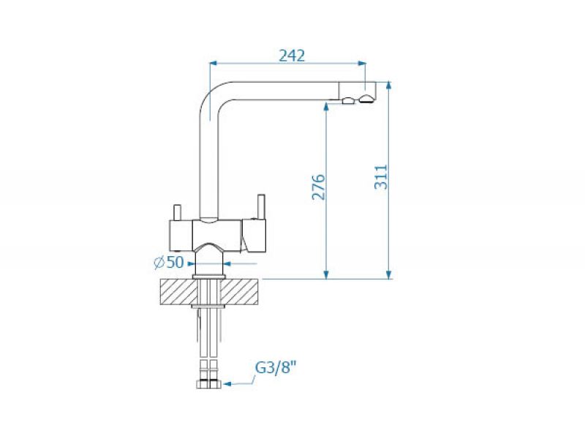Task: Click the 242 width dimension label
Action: pos(292,56)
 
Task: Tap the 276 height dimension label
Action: pos(319,187)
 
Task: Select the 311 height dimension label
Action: pos(381,177)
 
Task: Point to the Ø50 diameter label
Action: pos(169,263)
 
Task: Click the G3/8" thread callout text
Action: pos(276,368)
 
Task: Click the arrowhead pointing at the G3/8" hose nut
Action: pos(228,383)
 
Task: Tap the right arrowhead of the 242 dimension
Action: pos(361,64)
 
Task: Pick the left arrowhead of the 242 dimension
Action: pos(214,64)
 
